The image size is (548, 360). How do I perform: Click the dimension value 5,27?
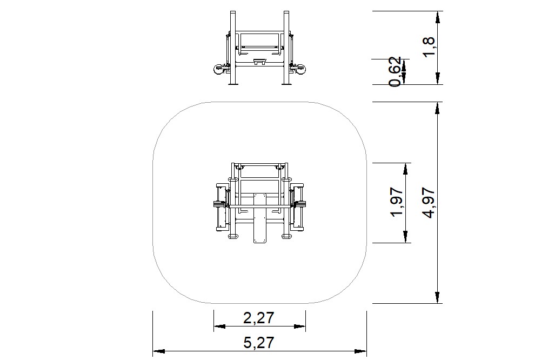(x=259, y=342)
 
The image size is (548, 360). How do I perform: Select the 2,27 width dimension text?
(x=259, y=318)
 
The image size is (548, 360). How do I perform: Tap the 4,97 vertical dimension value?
(x=430, y=203)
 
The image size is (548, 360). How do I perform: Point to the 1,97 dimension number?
(x=397, y=202)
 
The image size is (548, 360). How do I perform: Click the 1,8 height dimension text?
(x=429, y=47)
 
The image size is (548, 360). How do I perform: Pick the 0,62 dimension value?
(x=395, y=72)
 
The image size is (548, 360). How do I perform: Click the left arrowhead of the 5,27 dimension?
(x=159, y=351)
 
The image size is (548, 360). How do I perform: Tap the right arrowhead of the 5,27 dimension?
(x=360, y=351)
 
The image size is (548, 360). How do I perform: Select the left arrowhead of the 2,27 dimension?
(x=219, y=326)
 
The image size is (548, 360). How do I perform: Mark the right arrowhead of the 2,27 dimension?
(x=300, y=326)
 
